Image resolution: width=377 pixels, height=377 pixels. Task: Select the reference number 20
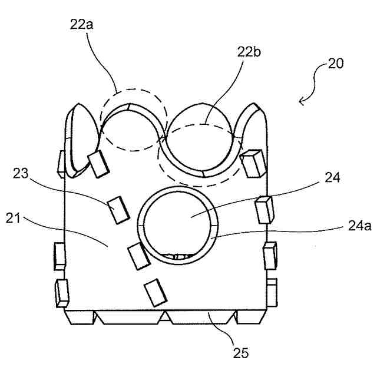(337, 64)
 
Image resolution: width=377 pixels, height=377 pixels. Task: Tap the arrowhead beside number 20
(302, 101)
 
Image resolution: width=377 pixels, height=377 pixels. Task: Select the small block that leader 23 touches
(118, 210)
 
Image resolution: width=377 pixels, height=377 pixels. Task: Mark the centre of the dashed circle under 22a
(133, 120)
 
